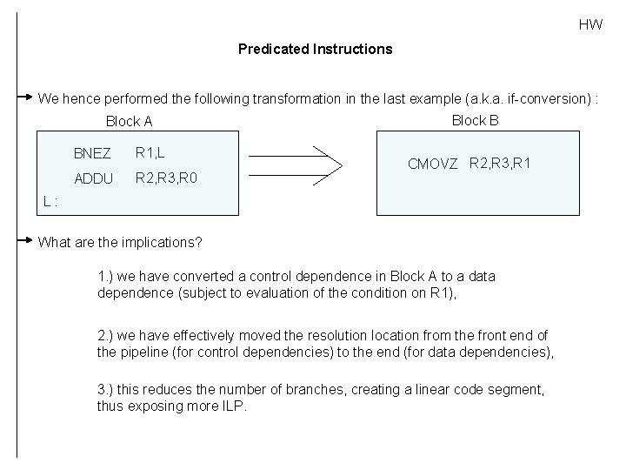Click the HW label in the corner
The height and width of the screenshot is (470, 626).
point(590,24)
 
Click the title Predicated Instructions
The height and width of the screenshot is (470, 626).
point(315,49)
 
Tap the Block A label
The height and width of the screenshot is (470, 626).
point(129,121)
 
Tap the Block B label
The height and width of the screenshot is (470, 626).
point(475,120)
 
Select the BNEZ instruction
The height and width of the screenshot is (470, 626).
point(92,154)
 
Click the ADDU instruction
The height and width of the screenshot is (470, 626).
point(92,179)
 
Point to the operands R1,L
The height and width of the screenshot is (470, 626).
point(150,153)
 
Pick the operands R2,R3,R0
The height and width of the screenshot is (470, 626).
point(167,178)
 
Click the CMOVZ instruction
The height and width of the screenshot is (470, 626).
point(433,164)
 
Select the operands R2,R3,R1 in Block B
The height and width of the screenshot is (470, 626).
point(500,162)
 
